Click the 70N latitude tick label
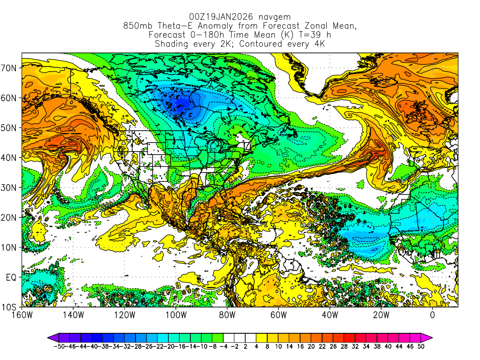11,67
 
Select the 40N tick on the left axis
11,157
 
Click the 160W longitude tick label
22,315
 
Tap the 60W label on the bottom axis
278,315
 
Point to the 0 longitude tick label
432,315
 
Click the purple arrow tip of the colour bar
50,337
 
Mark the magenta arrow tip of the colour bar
429,337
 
